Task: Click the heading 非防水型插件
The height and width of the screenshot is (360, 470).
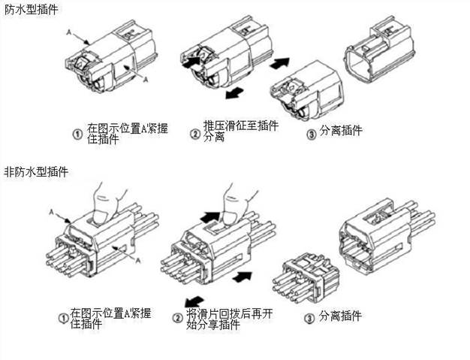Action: coord(37,172)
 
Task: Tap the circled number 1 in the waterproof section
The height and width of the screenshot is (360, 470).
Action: coord(77,133)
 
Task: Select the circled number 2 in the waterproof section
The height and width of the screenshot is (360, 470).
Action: coord(194,133)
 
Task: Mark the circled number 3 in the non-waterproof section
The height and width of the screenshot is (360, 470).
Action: coord(309,317)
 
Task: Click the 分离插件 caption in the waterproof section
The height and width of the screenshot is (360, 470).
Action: coord(341,131)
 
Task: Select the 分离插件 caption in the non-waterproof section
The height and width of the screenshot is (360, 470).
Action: coord(342,316)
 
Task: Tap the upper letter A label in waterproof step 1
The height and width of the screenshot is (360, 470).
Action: coord(69,32)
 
